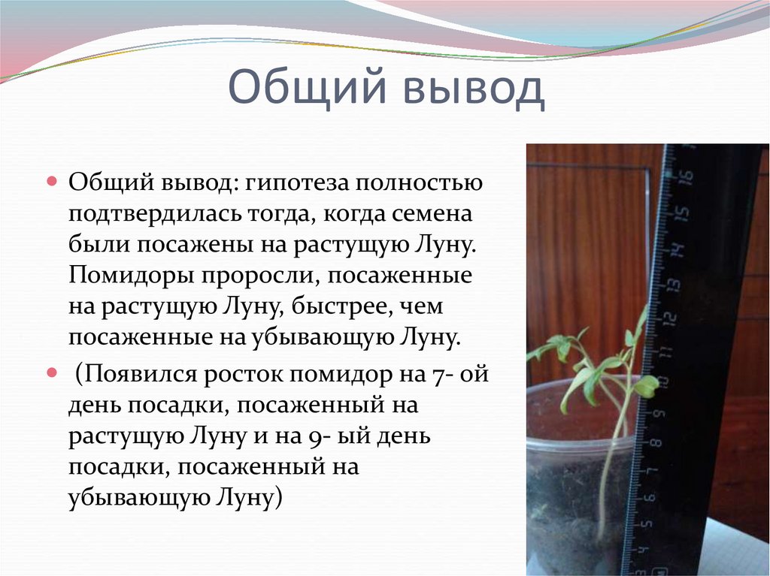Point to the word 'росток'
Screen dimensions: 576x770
(x=247, y=373)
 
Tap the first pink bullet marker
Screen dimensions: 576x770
(x=52, y=182)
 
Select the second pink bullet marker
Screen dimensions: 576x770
(x=52, y=372)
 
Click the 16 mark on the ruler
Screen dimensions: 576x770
(x=684, y=178)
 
